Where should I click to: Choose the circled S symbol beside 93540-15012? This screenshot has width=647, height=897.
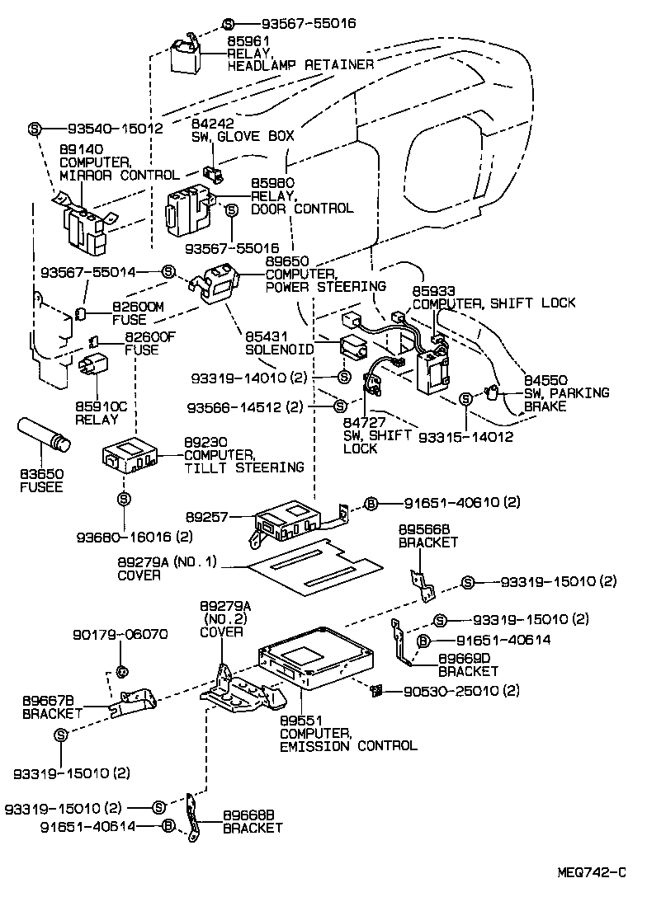[35, 129]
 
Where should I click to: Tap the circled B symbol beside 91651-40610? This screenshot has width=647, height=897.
[371, 502]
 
